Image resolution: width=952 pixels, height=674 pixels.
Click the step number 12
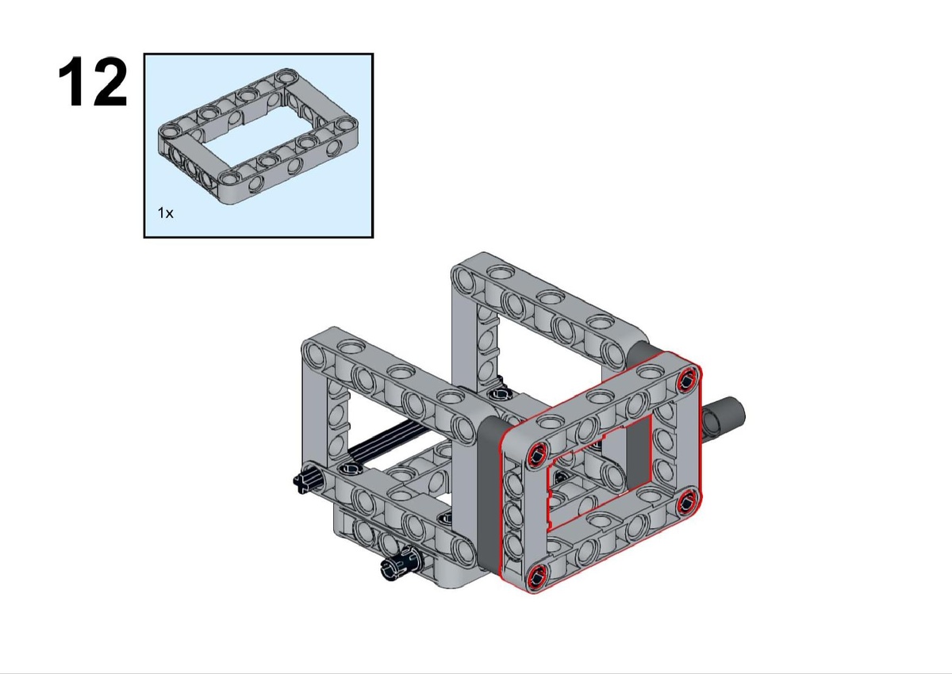[x=93, y=82]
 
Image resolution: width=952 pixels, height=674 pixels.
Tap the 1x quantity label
[x=165, y=213]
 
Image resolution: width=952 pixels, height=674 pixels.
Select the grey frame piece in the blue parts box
[x=258, y=136]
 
